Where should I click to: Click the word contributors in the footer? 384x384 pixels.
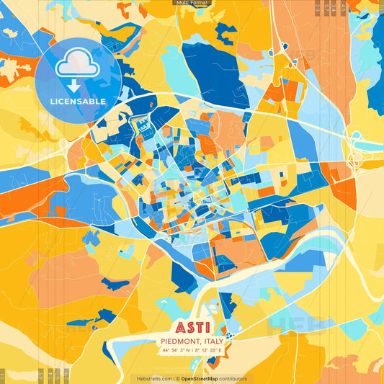pos(234,378)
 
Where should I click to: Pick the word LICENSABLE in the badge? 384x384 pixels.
pos(78,102)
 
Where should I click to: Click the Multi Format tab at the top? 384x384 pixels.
pos(192,3)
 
